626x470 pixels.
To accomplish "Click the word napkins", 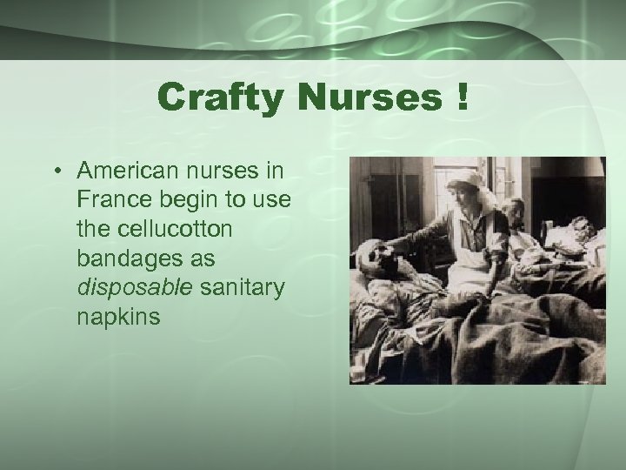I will pos(119,318).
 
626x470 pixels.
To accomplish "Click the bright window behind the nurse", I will pos(435,196).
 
